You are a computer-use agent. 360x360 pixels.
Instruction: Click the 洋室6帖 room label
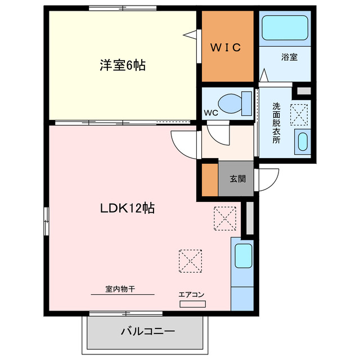[123, 65]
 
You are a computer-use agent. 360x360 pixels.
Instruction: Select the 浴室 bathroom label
[290, 56]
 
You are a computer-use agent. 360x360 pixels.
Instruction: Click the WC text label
[211, 112]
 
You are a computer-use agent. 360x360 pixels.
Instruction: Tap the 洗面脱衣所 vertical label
[276, 122]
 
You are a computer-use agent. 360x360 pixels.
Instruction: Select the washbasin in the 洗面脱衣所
[303, 142]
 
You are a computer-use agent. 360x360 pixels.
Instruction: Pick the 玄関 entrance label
[236, 179]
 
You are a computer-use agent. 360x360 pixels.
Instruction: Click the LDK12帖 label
[128, 208]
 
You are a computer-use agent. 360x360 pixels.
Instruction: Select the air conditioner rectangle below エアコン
[193, 304]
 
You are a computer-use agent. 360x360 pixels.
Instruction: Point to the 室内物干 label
[120, 289]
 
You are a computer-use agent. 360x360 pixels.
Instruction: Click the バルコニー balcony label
[147, 331]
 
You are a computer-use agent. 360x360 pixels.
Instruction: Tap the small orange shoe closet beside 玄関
[210, 179]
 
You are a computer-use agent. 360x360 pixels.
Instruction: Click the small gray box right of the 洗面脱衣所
[304, 90]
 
